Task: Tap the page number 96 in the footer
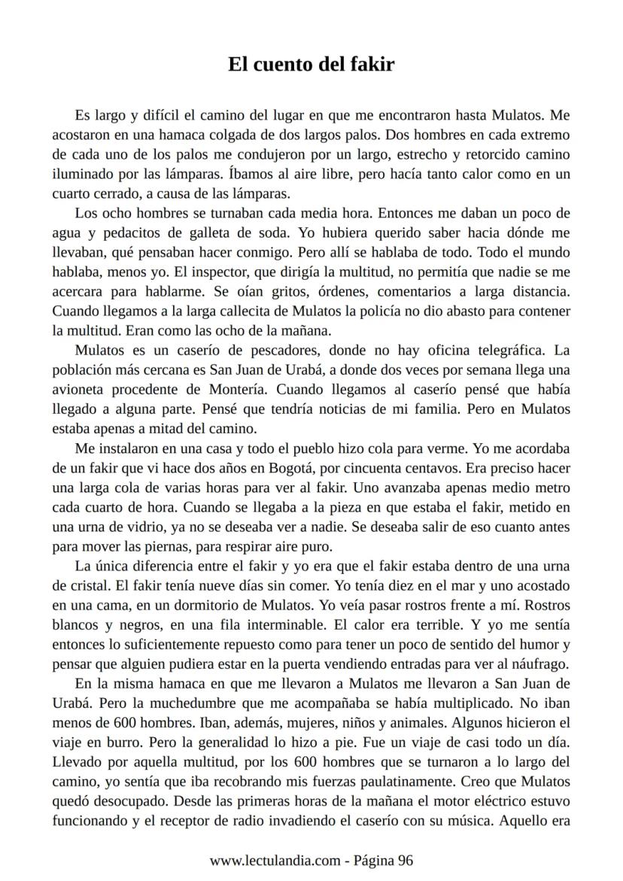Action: tap(405, 861)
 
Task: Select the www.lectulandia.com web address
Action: tap(275, 861)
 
